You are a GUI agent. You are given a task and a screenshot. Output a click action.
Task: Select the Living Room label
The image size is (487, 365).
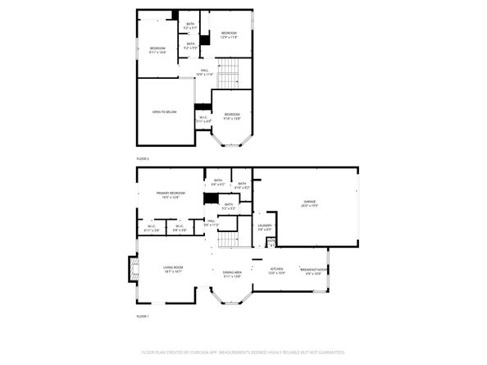[173, 268]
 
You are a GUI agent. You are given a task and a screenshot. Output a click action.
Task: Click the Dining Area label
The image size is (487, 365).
[232, 273]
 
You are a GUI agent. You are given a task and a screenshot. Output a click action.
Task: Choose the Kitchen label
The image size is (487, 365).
[277, 270]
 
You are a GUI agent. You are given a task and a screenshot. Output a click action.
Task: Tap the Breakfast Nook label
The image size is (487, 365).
[314, 270]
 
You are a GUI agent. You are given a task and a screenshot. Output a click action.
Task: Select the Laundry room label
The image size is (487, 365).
[265, 226]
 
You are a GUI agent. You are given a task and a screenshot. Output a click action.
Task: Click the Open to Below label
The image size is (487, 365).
[164, 112]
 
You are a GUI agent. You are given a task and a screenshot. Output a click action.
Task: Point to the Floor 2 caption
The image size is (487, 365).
[143, 157]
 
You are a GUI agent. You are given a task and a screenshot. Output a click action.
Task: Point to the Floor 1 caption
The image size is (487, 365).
[143, 316]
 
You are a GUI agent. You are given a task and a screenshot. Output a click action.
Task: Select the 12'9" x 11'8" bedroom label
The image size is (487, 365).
[229, 34]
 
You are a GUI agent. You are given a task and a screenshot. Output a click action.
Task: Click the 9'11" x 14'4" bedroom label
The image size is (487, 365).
[157, 51]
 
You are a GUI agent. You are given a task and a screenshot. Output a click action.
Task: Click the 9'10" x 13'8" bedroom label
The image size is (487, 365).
[232, 116]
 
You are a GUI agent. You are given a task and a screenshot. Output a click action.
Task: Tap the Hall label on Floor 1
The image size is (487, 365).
[211, 222]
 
